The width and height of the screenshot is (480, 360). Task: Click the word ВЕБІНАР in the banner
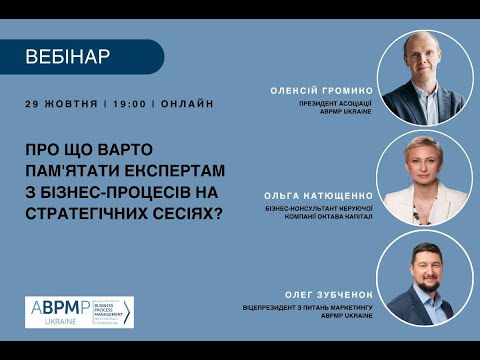[x=67, y=57]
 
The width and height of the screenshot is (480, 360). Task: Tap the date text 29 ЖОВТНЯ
[x=62, y=104]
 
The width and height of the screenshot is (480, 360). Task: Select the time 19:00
[x=130, y=104]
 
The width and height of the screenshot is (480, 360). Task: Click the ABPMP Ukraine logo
[x=79, y=311]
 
